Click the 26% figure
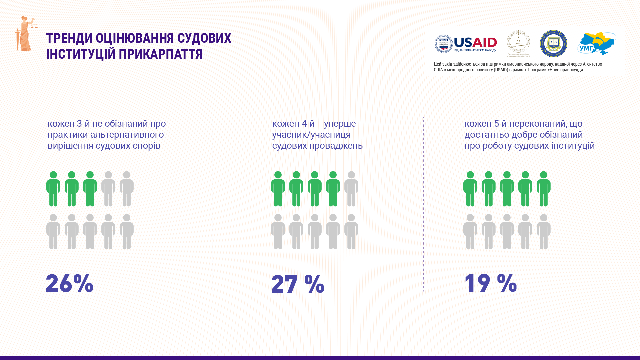point(69,283)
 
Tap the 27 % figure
point(298,284)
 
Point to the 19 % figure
point(490,283)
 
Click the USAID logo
point(466,44)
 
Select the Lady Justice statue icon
point(26,34)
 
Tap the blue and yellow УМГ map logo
point(596,44)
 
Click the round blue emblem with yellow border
point(553,44)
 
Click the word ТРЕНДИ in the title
point(69,38)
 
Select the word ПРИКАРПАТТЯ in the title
point(160,54)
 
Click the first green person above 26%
point(53,189)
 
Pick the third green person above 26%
point(90,189)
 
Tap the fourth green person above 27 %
point(333,189)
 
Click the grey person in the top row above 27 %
point(351,189)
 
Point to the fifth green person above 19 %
point(544,189)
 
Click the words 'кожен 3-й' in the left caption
point(69,124)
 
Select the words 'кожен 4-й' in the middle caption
point(293,124)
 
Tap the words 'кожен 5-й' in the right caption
point(486,124)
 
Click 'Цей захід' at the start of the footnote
point(443,64)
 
